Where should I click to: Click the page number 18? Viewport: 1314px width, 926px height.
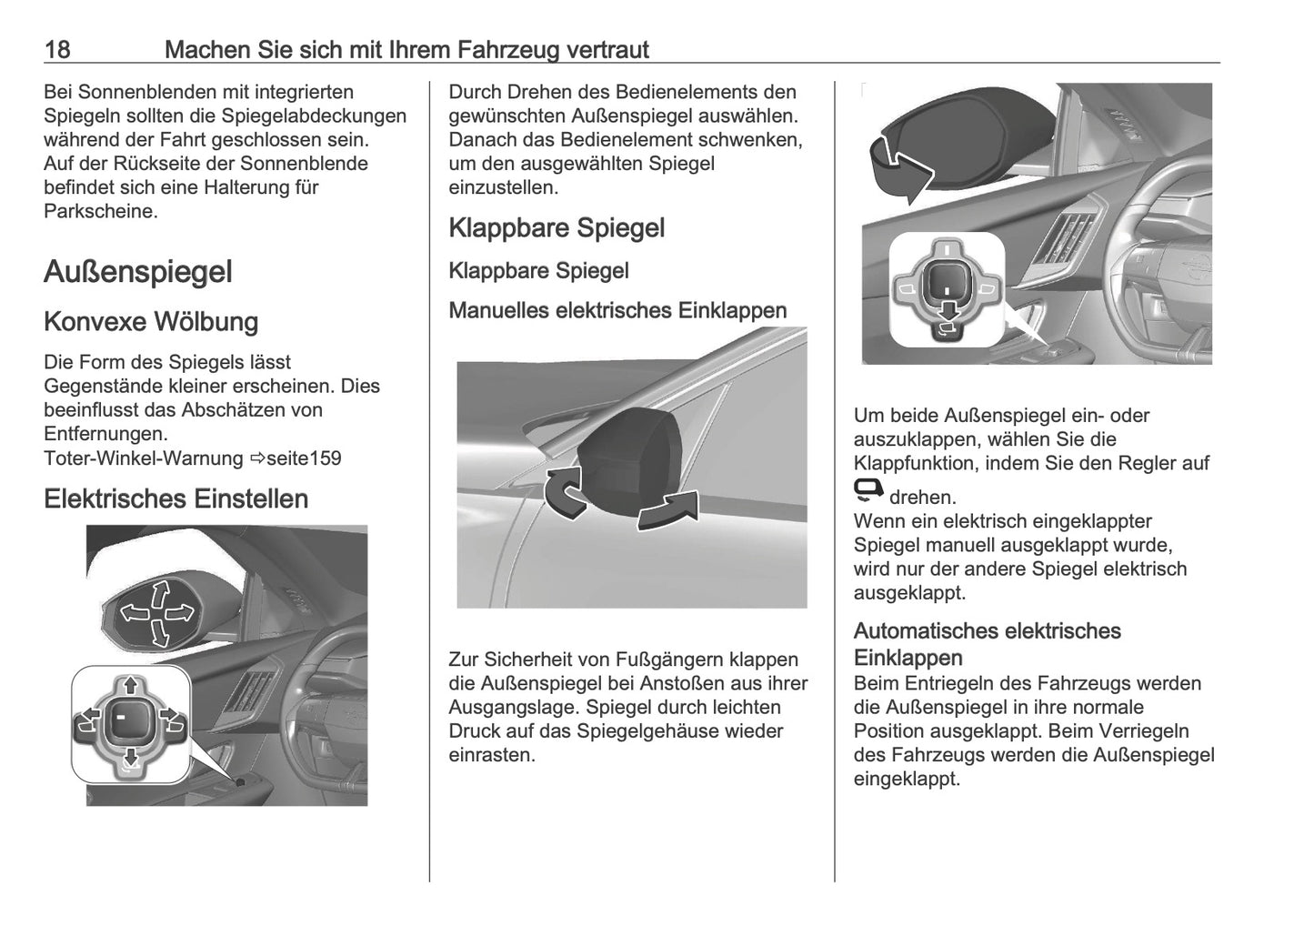pyautogui.click(x=57, y=49)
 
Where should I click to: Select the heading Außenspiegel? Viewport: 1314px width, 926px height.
pyautogui.click(x=138, y=271)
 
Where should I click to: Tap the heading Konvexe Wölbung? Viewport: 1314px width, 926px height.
pyautogui.click(x=151, y=322)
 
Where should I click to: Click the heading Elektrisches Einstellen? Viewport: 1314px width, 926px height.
pyautogui.click(x=176, y=498)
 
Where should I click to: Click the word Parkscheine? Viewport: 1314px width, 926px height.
pyautogui.click(x=100, y=211)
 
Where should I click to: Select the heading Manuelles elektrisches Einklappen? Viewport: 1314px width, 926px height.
pyautogui.click(x=617, y=310)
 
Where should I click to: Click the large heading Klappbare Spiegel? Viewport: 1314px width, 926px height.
pyautogui.click(x=557, y=227)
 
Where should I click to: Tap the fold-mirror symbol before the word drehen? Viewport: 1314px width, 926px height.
pyautogui.click(x=868, y=491)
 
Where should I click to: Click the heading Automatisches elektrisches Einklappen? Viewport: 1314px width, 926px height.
pyautogui.click(x=987, y=643)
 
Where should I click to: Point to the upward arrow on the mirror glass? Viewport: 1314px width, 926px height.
pyautogui.click(x=159, y=595)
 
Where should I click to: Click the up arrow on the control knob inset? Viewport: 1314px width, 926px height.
pyautogui.click(x=130, y=684)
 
